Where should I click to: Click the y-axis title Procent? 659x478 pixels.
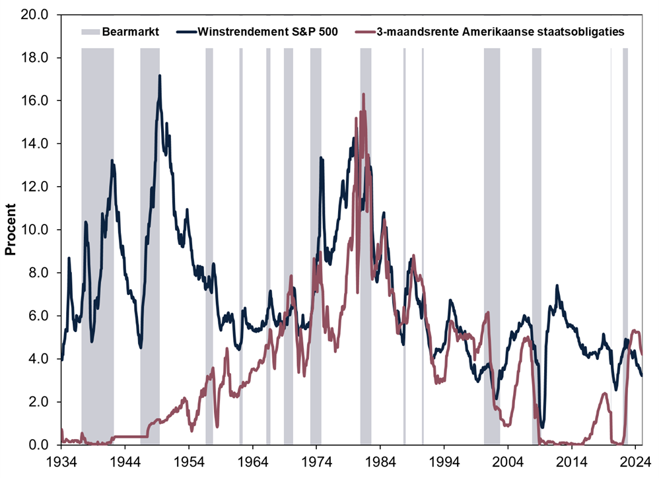(11, 230)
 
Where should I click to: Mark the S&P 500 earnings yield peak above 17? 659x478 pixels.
(159, 76)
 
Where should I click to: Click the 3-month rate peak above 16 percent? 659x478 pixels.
(363, 94)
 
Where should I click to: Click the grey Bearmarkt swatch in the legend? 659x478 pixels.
(90, 31)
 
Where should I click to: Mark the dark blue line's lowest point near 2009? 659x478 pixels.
(542, 427)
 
